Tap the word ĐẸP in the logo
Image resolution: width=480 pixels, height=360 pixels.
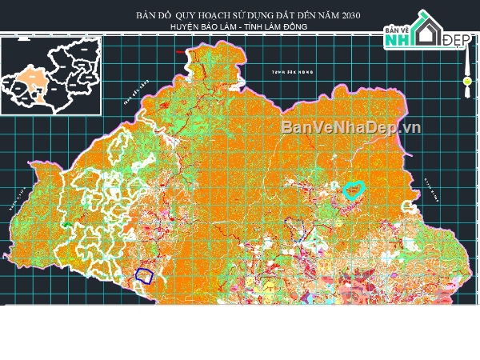(x=456, y=39)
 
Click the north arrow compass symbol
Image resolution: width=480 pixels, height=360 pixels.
(x=466, y=81)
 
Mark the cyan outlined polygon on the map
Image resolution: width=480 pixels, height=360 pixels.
(x=353, y=190)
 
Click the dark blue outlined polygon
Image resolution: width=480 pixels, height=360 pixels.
(x=144, y=275)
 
